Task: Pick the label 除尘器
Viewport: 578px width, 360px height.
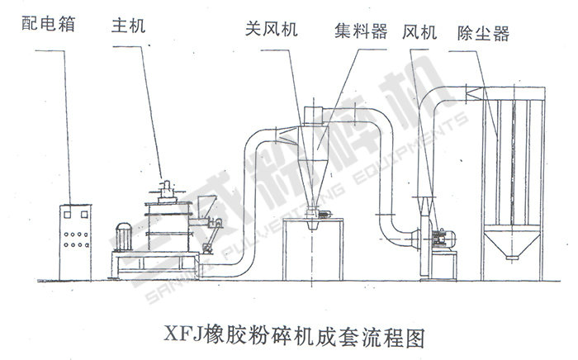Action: click(x=483, y=31)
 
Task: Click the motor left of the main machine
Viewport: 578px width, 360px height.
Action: click(x=127, y=236)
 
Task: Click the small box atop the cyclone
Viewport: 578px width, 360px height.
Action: click(x=312, y=114)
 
